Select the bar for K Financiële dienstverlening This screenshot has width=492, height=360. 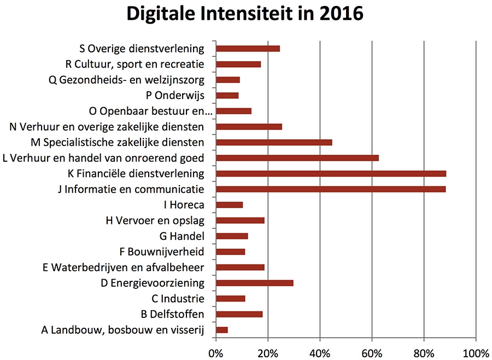tap(331, 174)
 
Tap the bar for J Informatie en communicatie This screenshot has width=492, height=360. tap(331, 190)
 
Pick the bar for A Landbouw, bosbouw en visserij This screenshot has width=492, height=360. tap(222, 330)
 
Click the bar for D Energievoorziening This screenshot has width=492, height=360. tap(255, 283)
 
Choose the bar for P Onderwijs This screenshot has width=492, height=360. tap(227, 96)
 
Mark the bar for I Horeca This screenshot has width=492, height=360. tap(230, 205)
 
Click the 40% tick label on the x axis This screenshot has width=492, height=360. tap(320, 350)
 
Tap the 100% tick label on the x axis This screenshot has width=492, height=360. tap(475, 350)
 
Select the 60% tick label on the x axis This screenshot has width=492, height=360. tap(372, 350)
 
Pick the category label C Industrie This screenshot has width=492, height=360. tap(178, 299)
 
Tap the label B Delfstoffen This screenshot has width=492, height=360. tap(172, 315)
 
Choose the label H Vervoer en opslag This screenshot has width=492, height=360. tap(155, 221)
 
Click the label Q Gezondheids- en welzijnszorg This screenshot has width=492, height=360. tap(126, 80)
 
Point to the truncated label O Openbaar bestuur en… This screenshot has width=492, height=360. tap(149, 111)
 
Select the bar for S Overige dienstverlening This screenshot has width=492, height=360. tap(248, 49)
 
